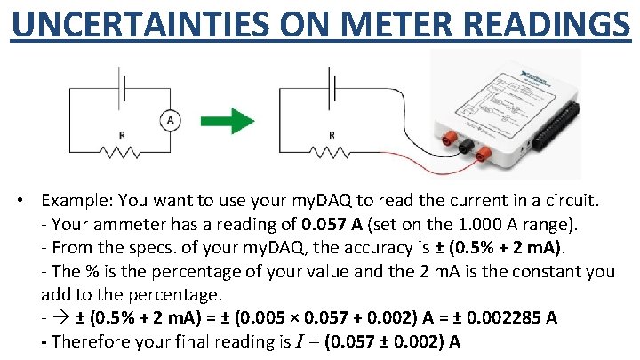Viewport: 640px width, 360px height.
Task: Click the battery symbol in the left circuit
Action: point(124,90)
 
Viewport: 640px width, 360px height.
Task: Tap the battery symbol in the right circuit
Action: point(334,90)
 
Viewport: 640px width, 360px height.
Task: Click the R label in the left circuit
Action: point(122,136)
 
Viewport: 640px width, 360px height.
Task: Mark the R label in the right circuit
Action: point(332,136)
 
